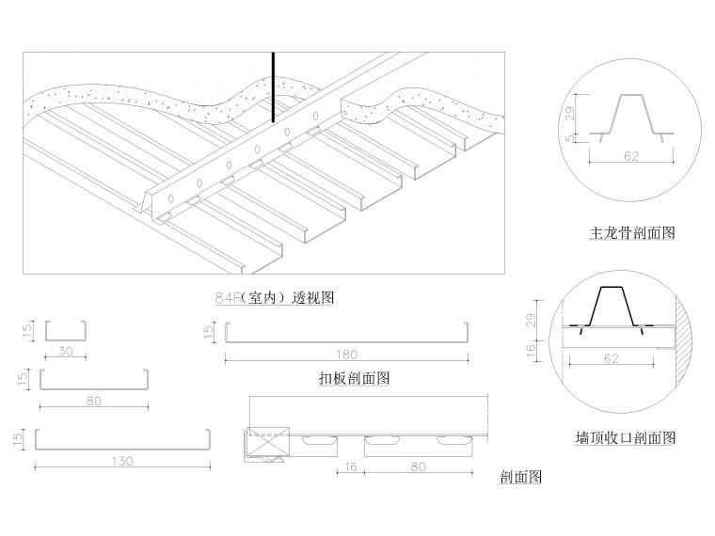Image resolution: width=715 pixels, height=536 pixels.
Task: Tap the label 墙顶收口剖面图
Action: pos(625,437)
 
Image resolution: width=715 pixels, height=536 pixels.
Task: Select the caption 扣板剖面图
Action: pos(354,378)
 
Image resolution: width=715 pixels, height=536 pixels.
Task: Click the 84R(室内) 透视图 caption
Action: pos(275,298)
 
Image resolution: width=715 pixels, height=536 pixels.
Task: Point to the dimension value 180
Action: pos(346,355)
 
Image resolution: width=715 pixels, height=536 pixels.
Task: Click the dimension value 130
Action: pos(121,461)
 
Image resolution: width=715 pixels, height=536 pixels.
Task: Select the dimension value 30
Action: pos(65,353)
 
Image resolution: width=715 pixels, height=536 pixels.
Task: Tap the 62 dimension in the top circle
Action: pos(630,156)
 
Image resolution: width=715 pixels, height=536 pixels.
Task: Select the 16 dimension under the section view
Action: pos(350,465)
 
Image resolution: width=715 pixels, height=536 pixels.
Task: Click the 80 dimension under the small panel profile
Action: pos(93,401)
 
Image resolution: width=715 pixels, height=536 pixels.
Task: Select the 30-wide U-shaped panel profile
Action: pos(66,330)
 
